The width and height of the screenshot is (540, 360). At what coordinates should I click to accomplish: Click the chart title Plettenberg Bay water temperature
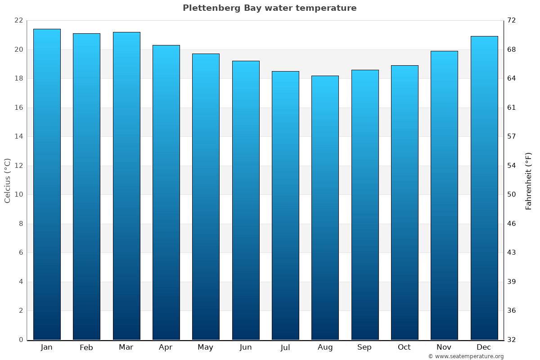click(x=270, y=8)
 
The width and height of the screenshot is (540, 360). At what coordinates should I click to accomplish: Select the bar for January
click(x=47, y=184)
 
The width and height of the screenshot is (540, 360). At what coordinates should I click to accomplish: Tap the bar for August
click(x=325, y=207)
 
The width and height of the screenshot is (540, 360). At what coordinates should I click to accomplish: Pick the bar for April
click(x=166, y=192)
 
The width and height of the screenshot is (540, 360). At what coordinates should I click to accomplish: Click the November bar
click(x=444, y=195)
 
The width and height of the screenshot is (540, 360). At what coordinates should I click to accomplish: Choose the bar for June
click(x=246, y=200)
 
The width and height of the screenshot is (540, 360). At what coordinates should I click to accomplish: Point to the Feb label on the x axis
click(x=86, y=347)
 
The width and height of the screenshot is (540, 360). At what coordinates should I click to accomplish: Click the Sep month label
click(x=364, y=347)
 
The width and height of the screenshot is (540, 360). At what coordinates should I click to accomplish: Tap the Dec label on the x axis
click(x=484, y=347)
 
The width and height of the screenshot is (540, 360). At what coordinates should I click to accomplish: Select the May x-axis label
click(x=206, y=347)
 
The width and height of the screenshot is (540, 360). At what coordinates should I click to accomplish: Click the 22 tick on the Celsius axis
click(x=18, y=21)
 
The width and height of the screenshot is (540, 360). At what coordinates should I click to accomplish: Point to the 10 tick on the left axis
click(x=18, y=195)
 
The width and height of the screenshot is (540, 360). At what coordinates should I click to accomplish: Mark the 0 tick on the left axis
click(x=21, y=340)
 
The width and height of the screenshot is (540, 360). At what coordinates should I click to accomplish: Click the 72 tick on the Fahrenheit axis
click(x=512, y=21)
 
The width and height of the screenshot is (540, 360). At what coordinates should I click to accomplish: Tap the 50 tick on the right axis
click(x=512, y=195)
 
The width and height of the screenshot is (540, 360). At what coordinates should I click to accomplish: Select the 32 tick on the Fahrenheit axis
click(x=512, y=340)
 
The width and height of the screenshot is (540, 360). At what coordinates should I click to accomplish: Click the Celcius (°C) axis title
click(x=7, y=180)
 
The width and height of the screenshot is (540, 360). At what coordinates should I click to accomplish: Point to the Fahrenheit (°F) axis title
click(x=528, y=181)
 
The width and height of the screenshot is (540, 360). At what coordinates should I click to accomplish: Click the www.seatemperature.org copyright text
click(x=466, y=356)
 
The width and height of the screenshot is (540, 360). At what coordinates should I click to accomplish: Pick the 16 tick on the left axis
click(x=18, y=108)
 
